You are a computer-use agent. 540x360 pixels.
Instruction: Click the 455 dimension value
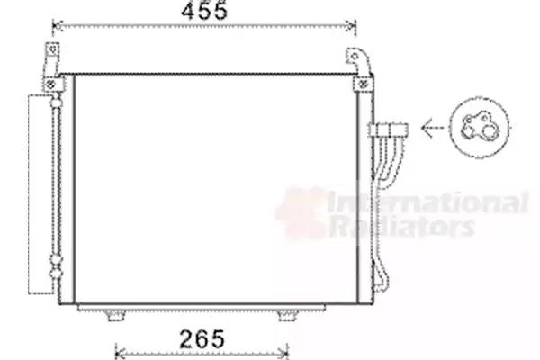204,11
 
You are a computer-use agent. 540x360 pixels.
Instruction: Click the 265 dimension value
202,338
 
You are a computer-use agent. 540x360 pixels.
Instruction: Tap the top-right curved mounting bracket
359,61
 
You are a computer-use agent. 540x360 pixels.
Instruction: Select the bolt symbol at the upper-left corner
50,85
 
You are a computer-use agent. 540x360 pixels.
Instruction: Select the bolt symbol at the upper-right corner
364,85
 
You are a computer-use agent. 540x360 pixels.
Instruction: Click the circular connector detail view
480,128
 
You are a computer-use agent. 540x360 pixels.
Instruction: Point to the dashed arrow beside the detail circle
433,128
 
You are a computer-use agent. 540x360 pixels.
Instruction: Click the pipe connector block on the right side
389,130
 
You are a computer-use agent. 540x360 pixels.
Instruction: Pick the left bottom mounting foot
115,315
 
